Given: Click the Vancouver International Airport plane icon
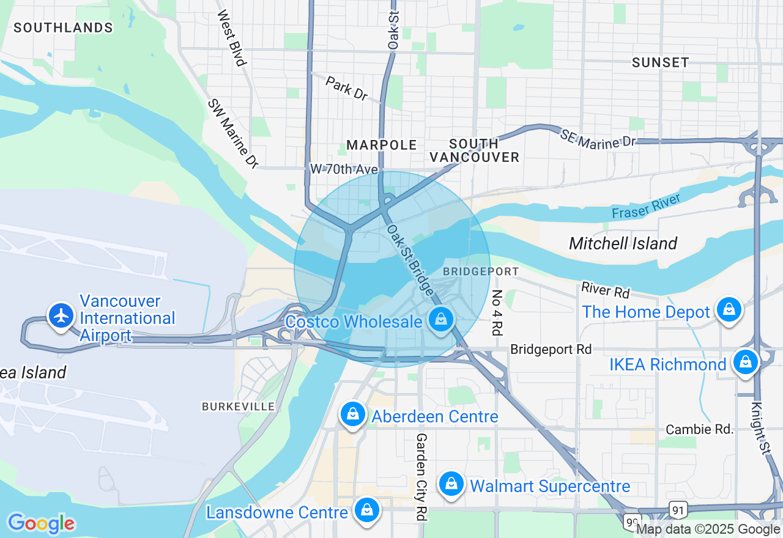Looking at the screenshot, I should click(61, 316).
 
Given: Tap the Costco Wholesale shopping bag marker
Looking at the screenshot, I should click(440, 319).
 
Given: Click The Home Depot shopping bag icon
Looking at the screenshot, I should click(729, 309).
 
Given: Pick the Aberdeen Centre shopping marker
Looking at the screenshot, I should click(353, 415).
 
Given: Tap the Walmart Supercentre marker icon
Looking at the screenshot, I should click(451, 484).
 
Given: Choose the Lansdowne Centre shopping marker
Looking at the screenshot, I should click(367, 509).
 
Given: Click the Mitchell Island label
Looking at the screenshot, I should click(623, 243).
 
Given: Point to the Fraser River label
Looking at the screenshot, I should click(645, 206).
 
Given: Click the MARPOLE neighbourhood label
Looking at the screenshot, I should click(382, 145).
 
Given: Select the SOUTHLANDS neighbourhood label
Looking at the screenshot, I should click(64, 28).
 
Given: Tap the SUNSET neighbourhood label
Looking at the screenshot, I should click(660, 62).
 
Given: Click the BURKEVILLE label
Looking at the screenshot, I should click(239, 407).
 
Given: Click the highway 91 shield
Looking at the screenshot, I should click(680, 509).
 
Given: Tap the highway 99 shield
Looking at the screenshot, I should click(631, 521).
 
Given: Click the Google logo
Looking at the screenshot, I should click(41, 523).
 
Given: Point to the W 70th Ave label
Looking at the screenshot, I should click(343, 168).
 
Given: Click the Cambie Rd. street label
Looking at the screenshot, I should click(699, 429).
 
